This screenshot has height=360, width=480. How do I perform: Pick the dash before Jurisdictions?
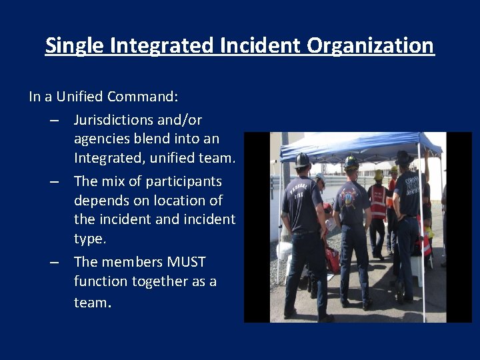(55, 121)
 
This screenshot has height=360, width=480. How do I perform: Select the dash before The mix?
(55, 181)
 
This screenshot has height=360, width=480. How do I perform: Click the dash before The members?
(55, 262)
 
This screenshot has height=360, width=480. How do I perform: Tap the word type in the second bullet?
(89, 239)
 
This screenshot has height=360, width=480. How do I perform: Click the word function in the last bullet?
(100, 281)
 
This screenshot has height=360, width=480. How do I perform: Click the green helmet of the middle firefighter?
(351, 162)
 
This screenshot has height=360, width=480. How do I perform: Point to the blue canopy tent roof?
(360, 145)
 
